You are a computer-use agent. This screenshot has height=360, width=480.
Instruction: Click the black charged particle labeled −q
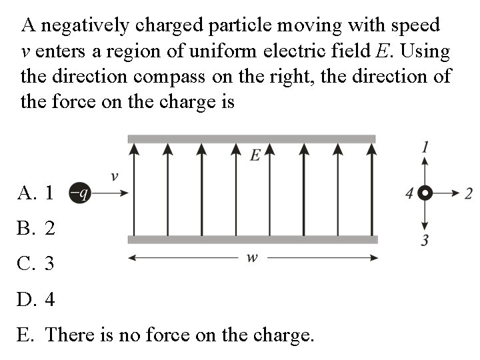[79, 193]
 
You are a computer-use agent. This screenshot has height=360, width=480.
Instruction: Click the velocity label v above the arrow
[114, 177]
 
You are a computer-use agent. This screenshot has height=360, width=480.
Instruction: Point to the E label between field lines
[255, 156]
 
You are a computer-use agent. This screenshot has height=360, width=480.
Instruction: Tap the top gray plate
[251, 139]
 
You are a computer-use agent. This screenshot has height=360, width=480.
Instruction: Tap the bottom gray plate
[252, 239]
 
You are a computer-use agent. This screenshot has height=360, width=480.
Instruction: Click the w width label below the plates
[252, 258]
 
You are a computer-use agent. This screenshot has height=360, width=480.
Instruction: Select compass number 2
[468, 193]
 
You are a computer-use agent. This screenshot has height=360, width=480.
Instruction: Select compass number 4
[409, 194]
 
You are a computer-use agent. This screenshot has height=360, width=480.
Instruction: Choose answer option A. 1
[37, 194]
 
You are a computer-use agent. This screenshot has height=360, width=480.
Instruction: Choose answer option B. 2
[37, 229]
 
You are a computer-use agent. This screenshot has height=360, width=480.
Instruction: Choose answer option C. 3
[37, 264]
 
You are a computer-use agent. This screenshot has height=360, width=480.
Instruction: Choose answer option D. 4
[37, 299]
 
